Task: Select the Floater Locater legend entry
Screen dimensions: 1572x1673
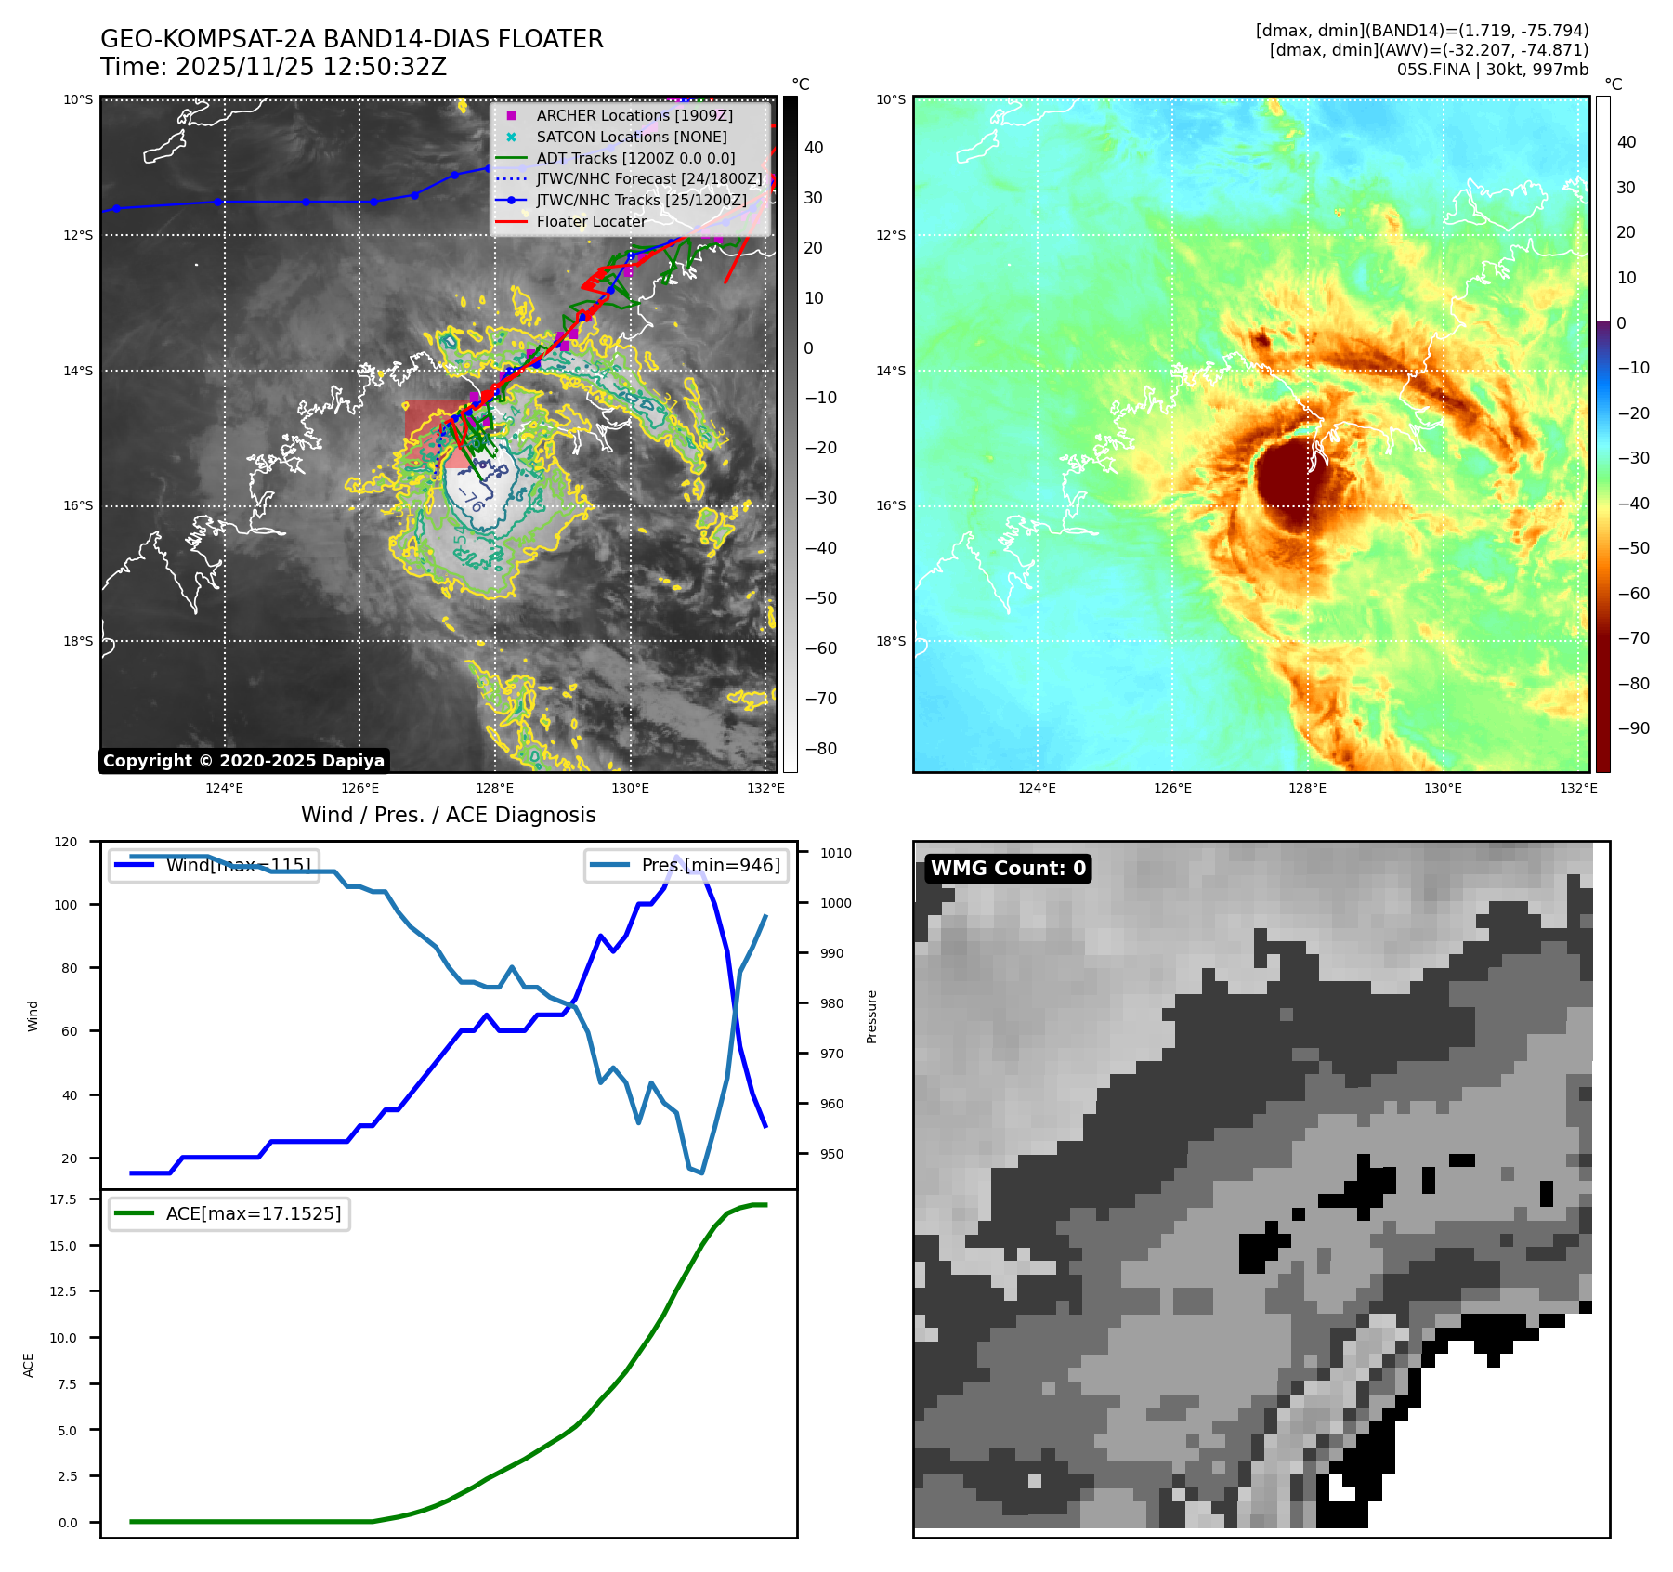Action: coord(591,221)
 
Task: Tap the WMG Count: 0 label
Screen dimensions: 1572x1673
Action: coord(1008,869)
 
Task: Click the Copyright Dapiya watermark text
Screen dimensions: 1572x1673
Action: coord(243,761)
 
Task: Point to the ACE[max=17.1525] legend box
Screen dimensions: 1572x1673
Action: coord(229,1213)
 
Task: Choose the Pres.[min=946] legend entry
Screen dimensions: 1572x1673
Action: coord(686,865)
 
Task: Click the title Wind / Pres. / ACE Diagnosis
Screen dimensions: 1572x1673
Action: coord(448,815)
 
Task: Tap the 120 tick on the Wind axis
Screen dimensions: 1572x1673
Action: coord(66,842)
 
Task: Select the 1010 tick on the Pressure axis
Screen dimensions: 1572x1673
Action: coord(835,853)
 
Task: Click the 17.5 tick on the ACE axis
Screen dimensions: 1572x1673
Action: coord(63,1199)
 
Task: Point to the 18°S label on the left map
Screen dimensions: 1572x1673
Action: coord(78,641)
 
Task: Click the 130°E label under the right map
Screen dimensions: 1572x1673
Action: coord(1443,788)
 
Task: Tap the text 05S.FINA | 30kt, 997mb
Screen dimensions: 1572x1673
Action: coord(1492,70)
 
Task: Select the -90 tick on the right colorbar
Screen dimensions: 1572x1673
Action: coord(1633,728)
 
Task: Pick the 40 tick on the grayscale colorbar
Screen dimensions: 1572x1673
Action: coord(814,148)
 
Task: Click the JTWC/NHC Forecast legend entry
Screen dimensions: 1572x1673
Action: coord(648,178)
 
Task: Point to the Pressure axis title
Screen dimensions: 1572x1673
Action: coord(871,1016)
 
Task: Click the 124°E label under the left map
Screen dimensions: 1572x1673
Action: coord(224,788)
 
